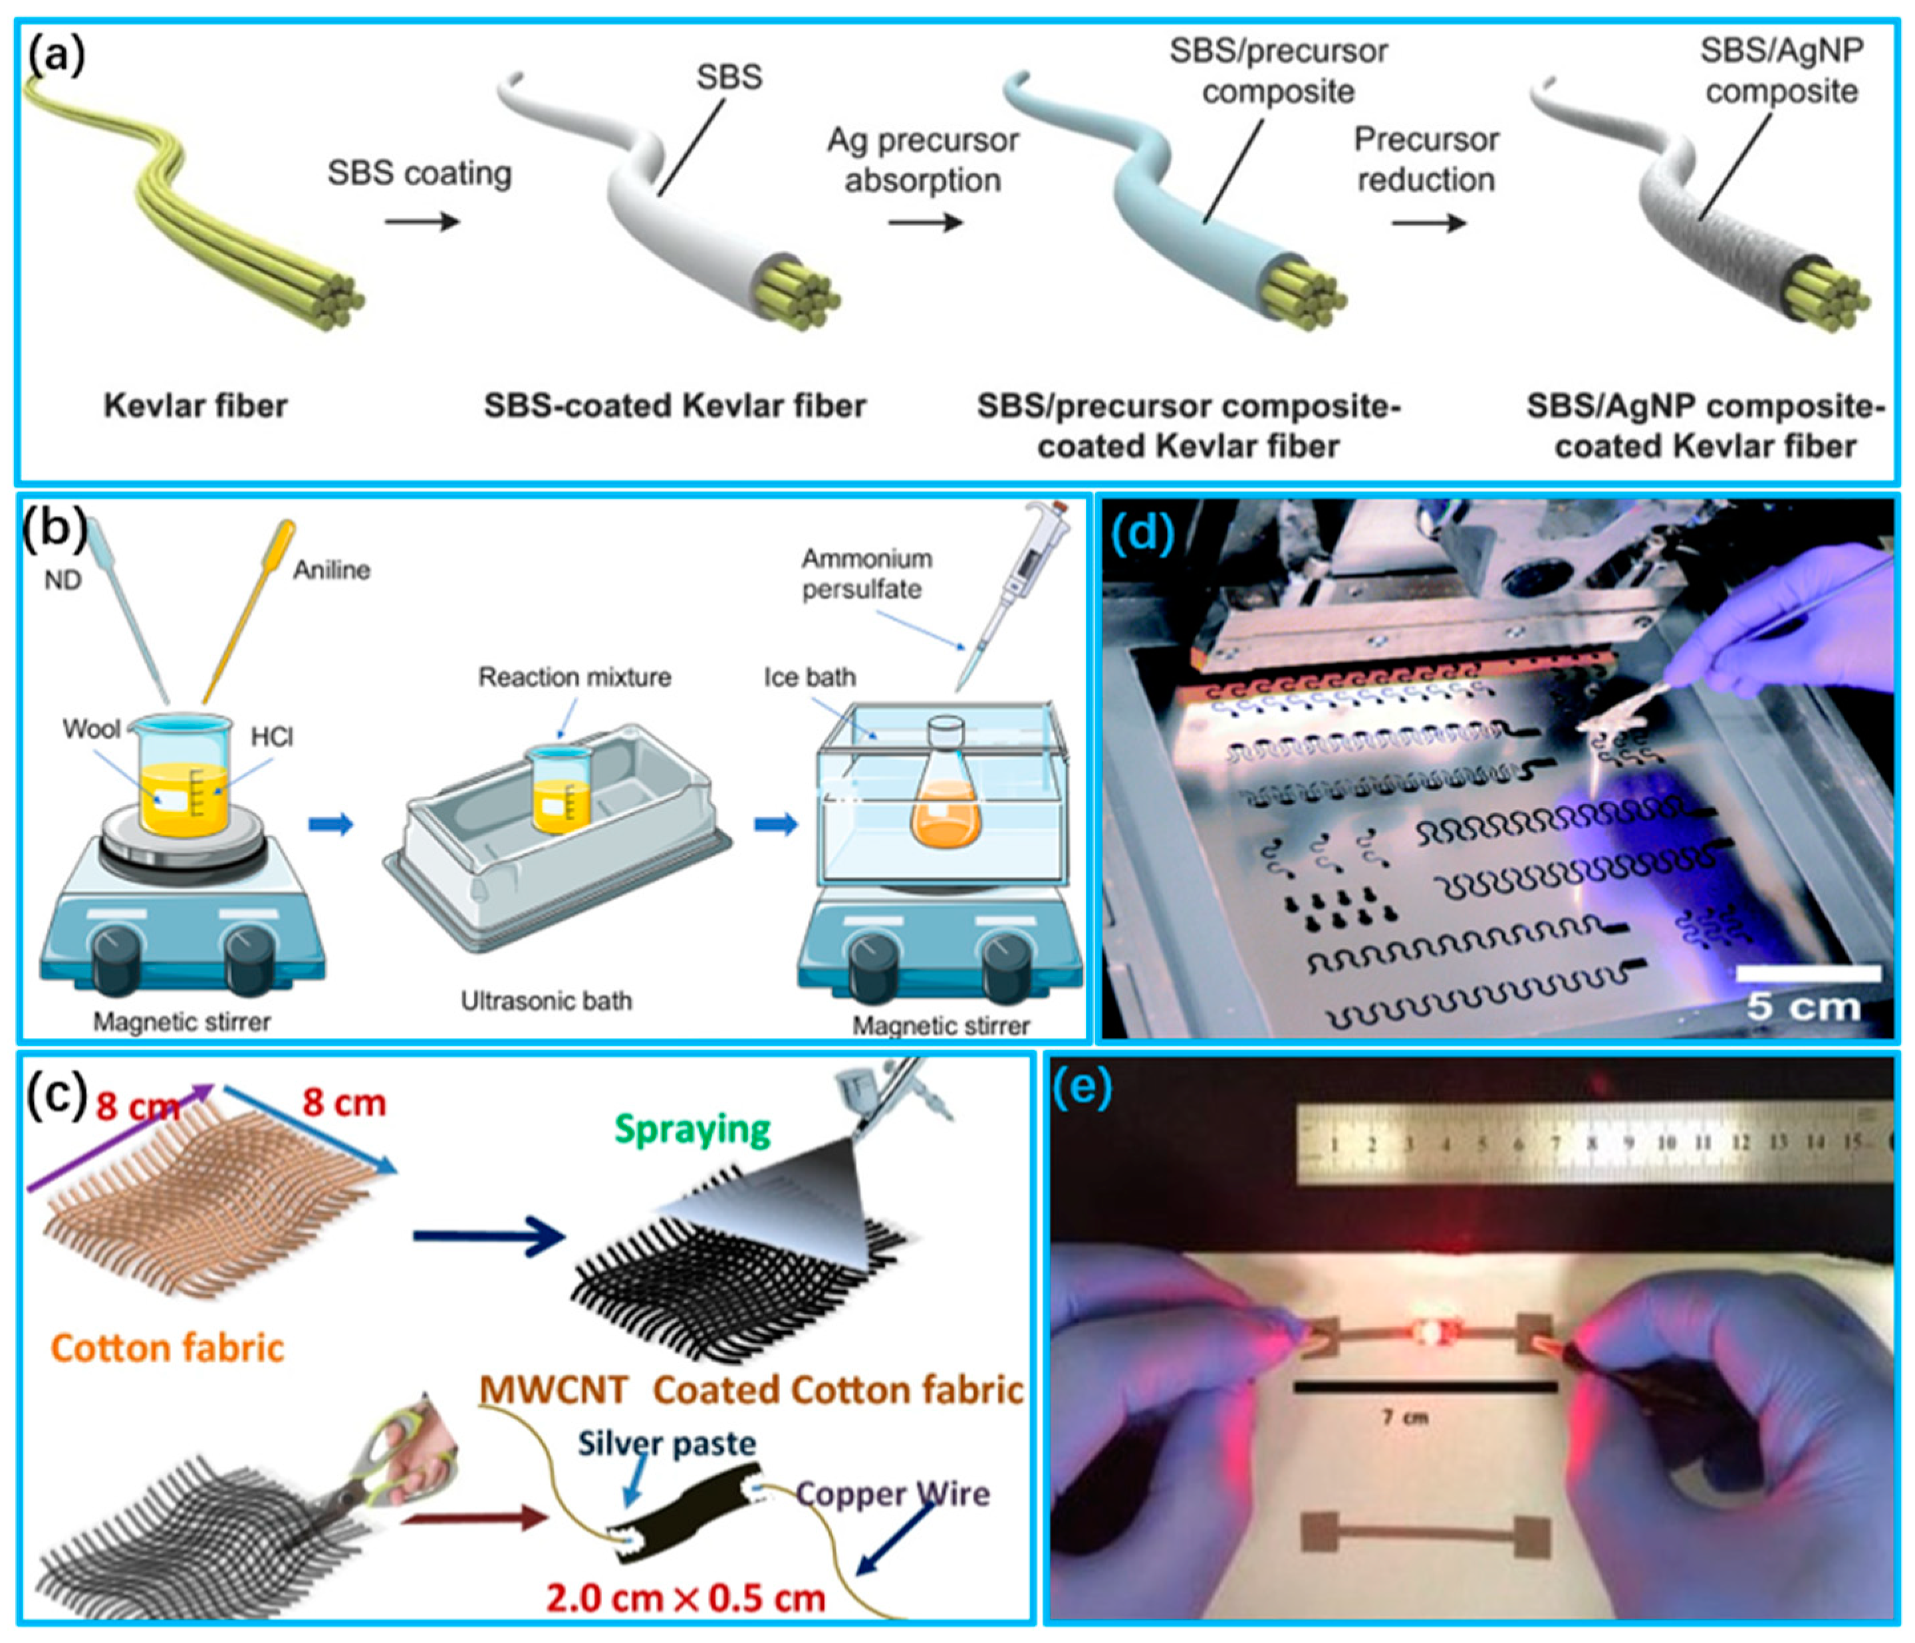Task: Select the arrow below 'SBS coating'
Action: pos(422,222)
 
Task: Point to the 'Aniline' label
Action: pos(332,570)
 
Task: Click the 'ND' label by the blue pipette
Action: pos(63,580)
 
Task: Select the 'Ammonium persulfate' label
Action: pos(865,574)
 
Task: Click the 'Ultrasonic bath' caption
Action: pos(546,1001)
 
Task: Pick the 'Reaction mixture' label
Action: pos(574,678)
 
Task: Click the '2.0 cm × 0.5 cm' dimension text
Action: pos(685,1598)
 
